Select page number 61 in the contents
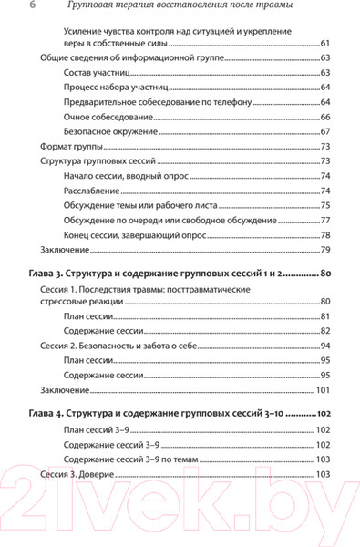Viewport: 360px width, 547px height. tap(324, 44)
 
